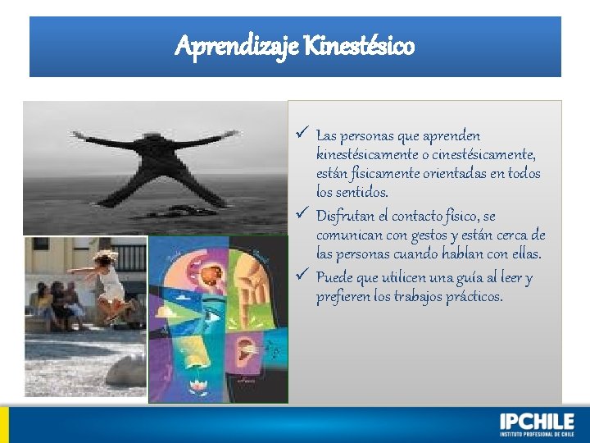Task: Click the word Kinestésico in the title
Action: (x=360, y=46)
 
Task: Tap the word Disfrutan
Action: (x=345, y=217)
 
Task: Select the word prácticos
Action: (x=472, y=297)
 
